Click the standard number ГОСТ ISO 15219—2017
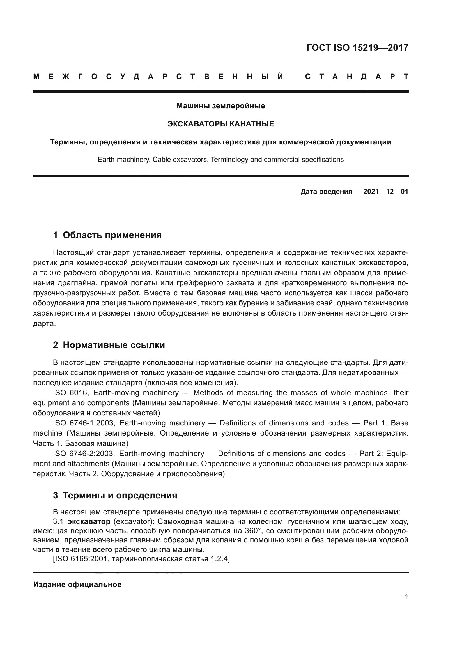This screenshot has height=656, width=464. coord(357,48)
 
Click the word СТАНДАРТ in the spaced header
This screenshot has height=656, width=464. coord(357,77)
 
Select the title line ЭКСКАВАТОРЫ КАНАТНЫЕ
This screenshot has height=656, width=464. coord(220,124)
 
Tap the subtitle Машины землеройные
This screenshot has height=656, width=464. coord(220,106)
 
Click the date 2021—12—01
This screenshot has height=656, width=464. coord(385,192)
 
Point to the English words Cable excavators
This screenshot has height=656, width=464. coord(180,159)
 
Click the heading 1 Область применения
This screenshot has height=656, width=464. coord(107,235)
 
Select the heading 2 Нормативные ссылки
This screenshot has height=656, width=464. coord(109,345)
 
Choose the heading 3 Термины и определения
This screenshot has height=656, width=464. coord(115,495)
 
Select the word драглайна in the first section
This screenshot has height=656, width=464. coord(73,283)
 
